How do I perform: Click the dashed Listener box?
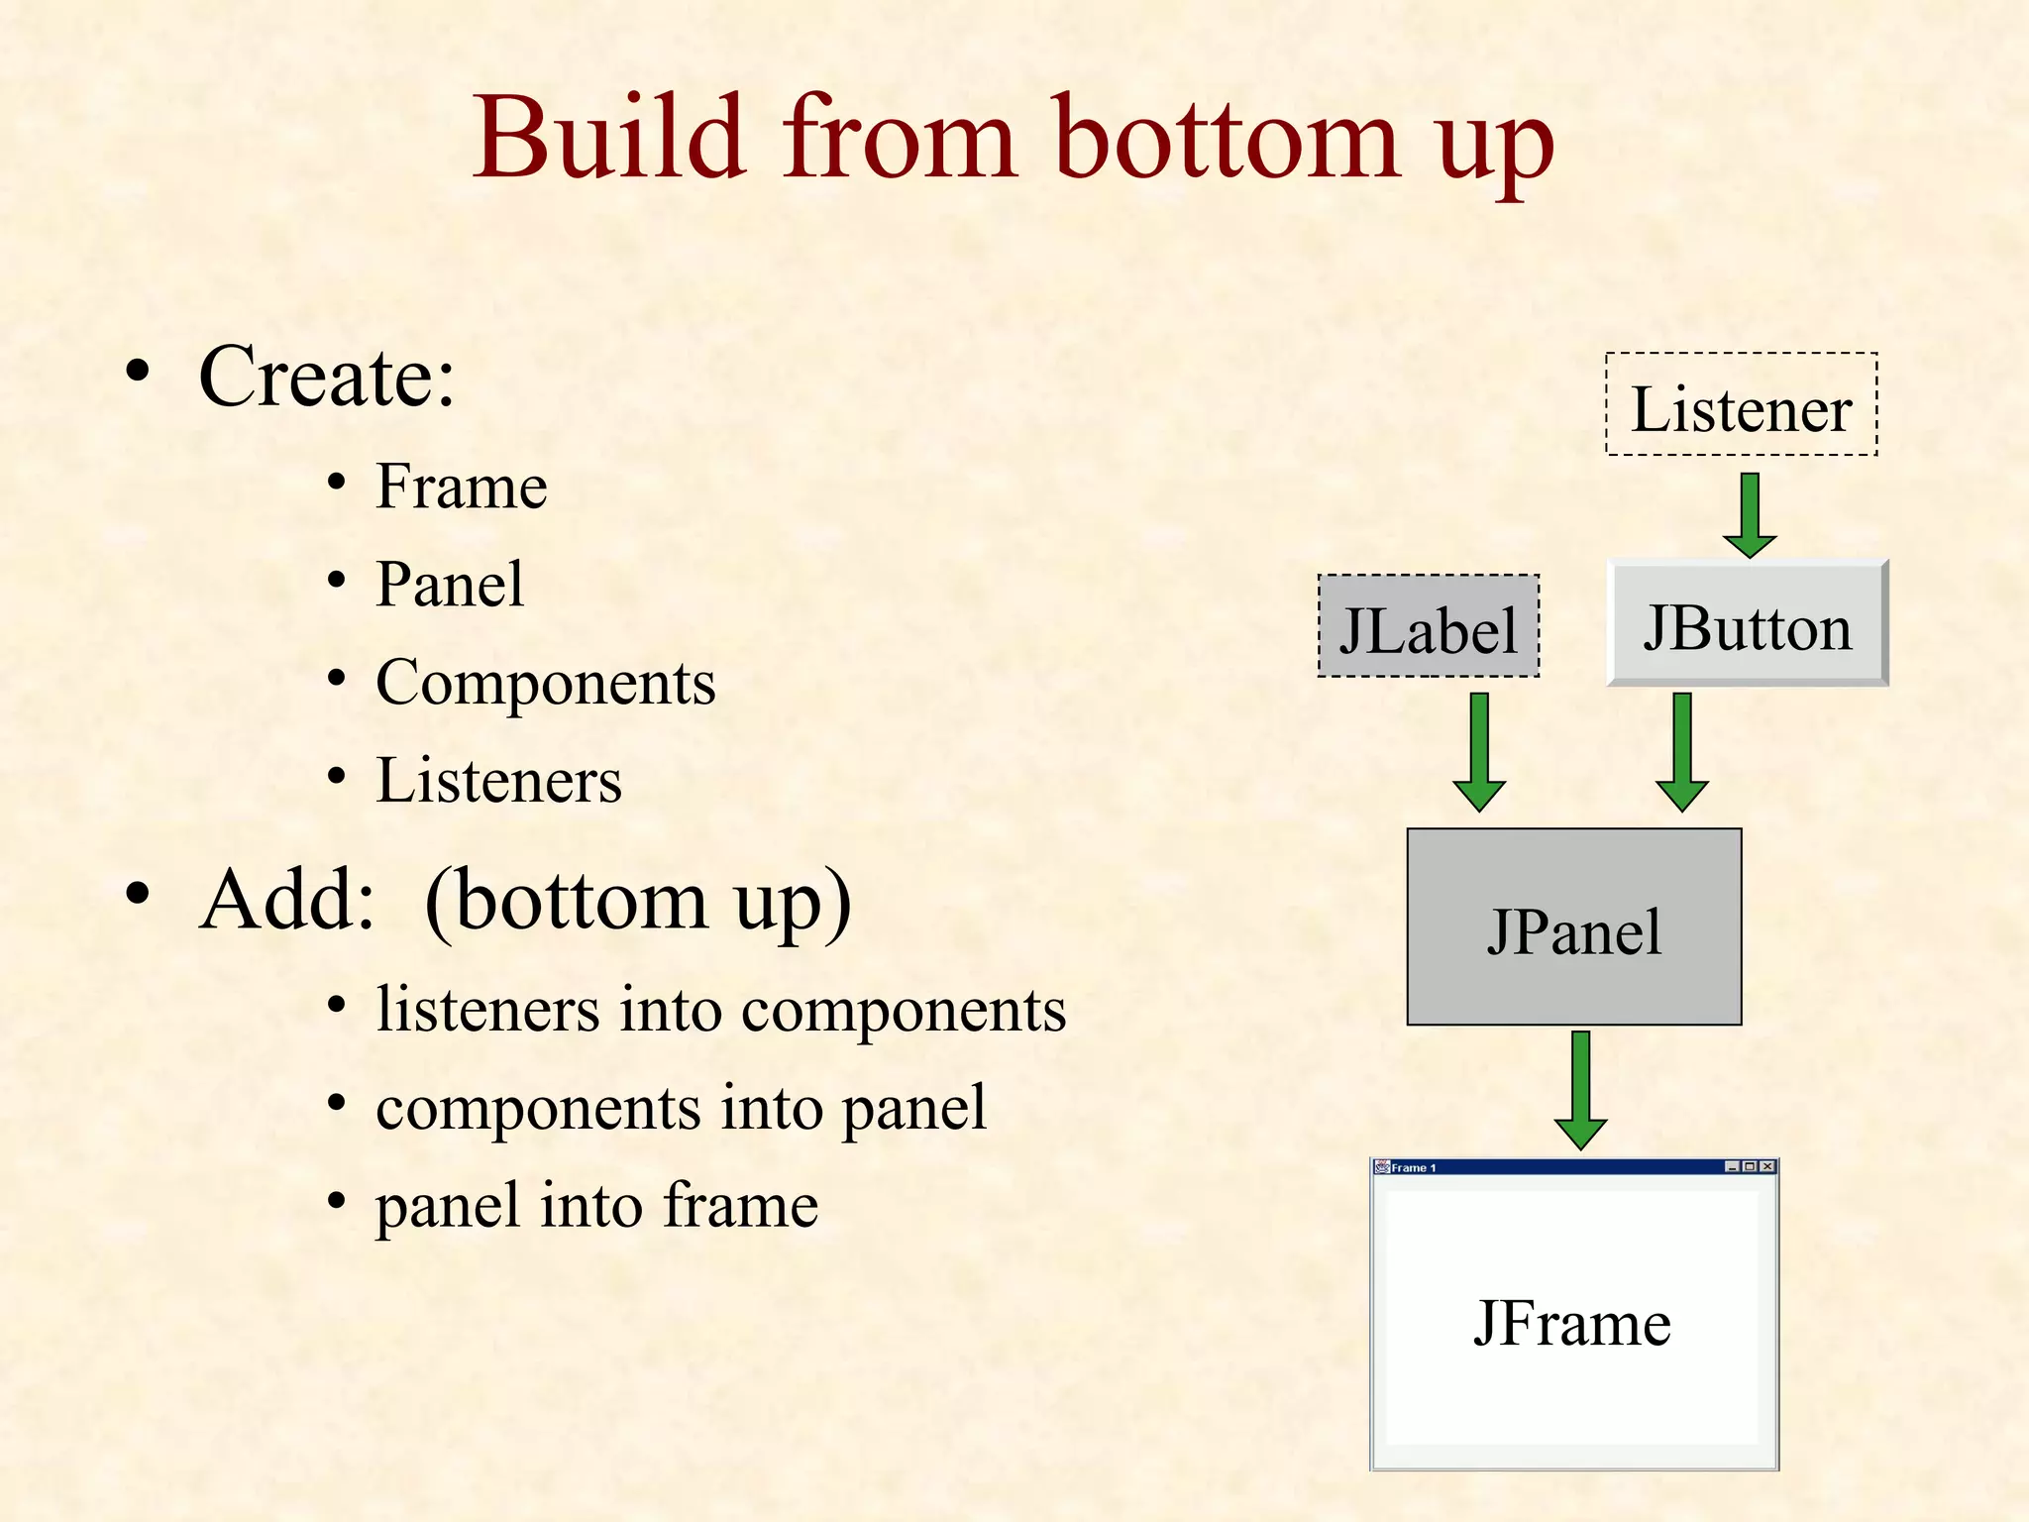click(x=1741, y=404)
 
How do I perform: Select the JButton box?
click(x=1747, y=623)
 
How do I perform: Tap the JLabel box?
click(x=1428, y=627)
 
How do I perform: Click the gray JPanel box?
click(x=1573, y=926)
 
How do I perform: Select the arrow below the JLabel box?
click(x=1479, y=752)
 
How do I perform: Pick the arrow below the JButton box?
click(x=1681, y=752)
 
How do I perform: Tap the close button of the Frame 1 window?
click(x=1767, y=1166)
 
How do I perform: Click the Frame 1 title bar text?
click(x=1413, y=1167)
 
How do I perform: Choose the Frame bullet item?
click(x=461, y=487)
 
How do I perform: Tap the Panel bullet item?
click(x=450, y=584)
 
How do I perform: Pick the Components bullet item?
click(x=545, y=682)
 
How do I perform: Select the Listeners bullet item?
click(x=498, y=780)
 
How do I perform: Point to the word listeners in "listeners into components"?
click(x=486, y=1010)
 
